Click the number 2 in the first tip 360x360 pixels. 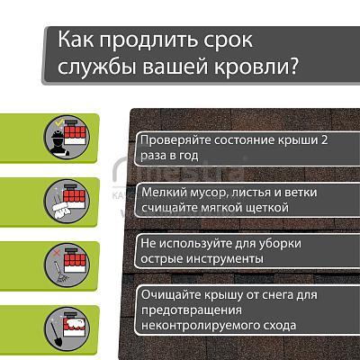[x=324, y=140]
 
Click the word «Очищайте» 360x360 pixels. [x=171, y=295]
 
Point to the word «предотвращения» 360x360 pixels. [x=192, y=310]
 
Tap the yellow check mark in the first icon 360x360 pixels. [x=59, y=122]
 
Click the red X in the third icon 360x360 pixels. [x=57, y=254]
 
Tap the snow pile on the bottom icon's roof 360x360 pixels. [x=76, y=324]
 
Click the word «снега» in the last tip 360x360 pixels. [x=278, y=295]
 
